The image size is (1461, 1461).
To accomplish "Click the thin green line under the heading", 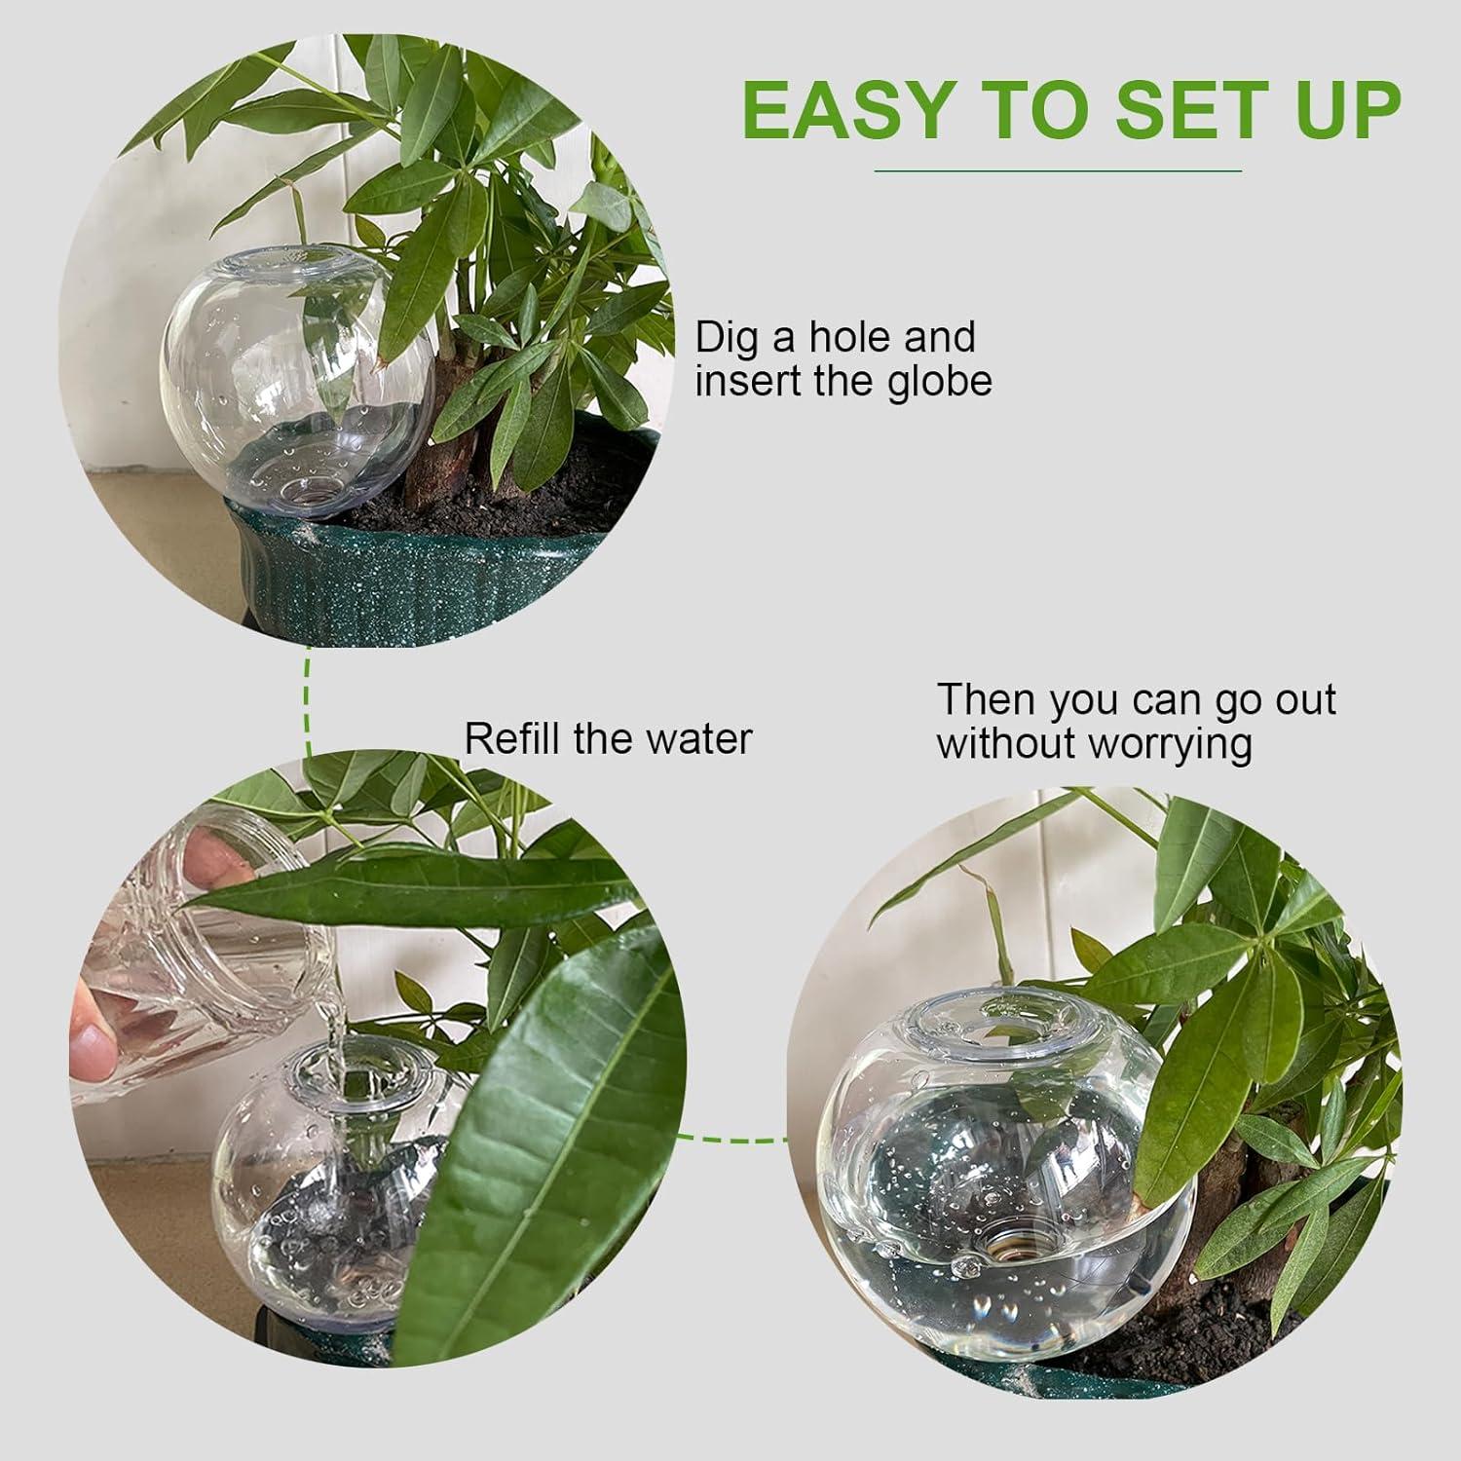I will pyautogui.click(x=1059, y=171).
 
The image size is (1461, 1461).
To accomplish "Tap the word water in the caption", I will pyautogui.click(x=700, y=738).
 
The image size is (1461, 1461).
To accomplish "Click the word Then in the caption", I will pyautogui.click(x=984, y=700).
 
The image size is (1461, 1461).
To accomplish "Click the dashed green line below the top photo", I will pyautogui.click(x=308, y=701).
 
